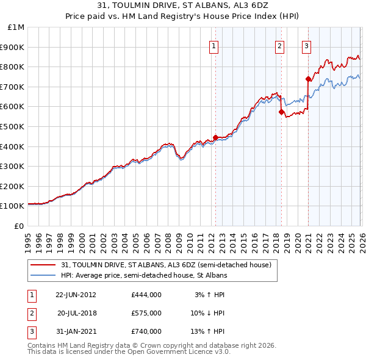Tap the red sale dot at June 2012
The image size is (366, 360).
(x=215, y=137)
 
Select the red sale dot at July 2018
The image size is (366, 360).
(x=281, y=112)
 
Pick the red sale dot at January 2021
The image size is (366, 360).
(x=308, y=79)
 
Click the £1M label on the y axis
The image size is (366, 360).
(x=16, y=27)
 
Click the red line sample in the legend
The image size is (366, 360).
(x=43, y=265)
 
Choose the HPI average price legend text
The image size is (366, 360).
(x=143, y=275)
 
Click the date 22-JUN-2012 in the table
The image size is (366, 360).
(x=76, y=294)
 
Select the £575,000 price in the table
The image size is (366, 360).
(x=146, y=313)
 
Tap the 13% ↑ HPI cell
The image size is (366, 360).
(x=210, y=331)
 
